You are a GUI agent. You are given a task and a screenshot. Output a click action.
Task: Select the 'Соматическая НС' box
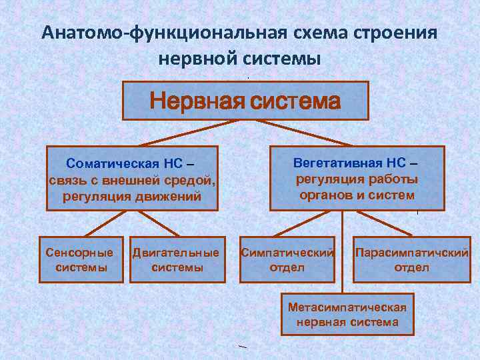click(132, 178)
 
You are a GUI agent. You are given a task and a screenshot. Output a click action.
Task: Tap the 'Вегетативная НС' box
click(356, 178)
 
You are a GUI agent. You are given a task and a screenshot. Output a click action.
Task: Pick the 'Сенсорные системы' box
click(81, 259)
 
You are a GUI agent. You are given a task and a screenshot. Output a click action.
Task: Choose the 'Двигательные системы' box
click(176, 259)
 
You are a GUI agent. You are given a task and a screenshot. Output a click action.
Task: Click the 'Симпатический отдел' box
click(287, 259)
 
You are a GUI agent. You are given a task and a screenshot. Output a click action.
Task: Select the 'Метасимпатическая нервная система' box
click(347, 313)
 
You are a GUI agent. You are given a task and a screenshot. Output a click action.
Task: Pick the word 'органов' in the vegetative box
click(324, 195)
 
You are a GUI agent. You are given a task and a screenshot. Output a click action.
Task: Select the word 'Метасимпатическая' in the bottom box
click(347, 307)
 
